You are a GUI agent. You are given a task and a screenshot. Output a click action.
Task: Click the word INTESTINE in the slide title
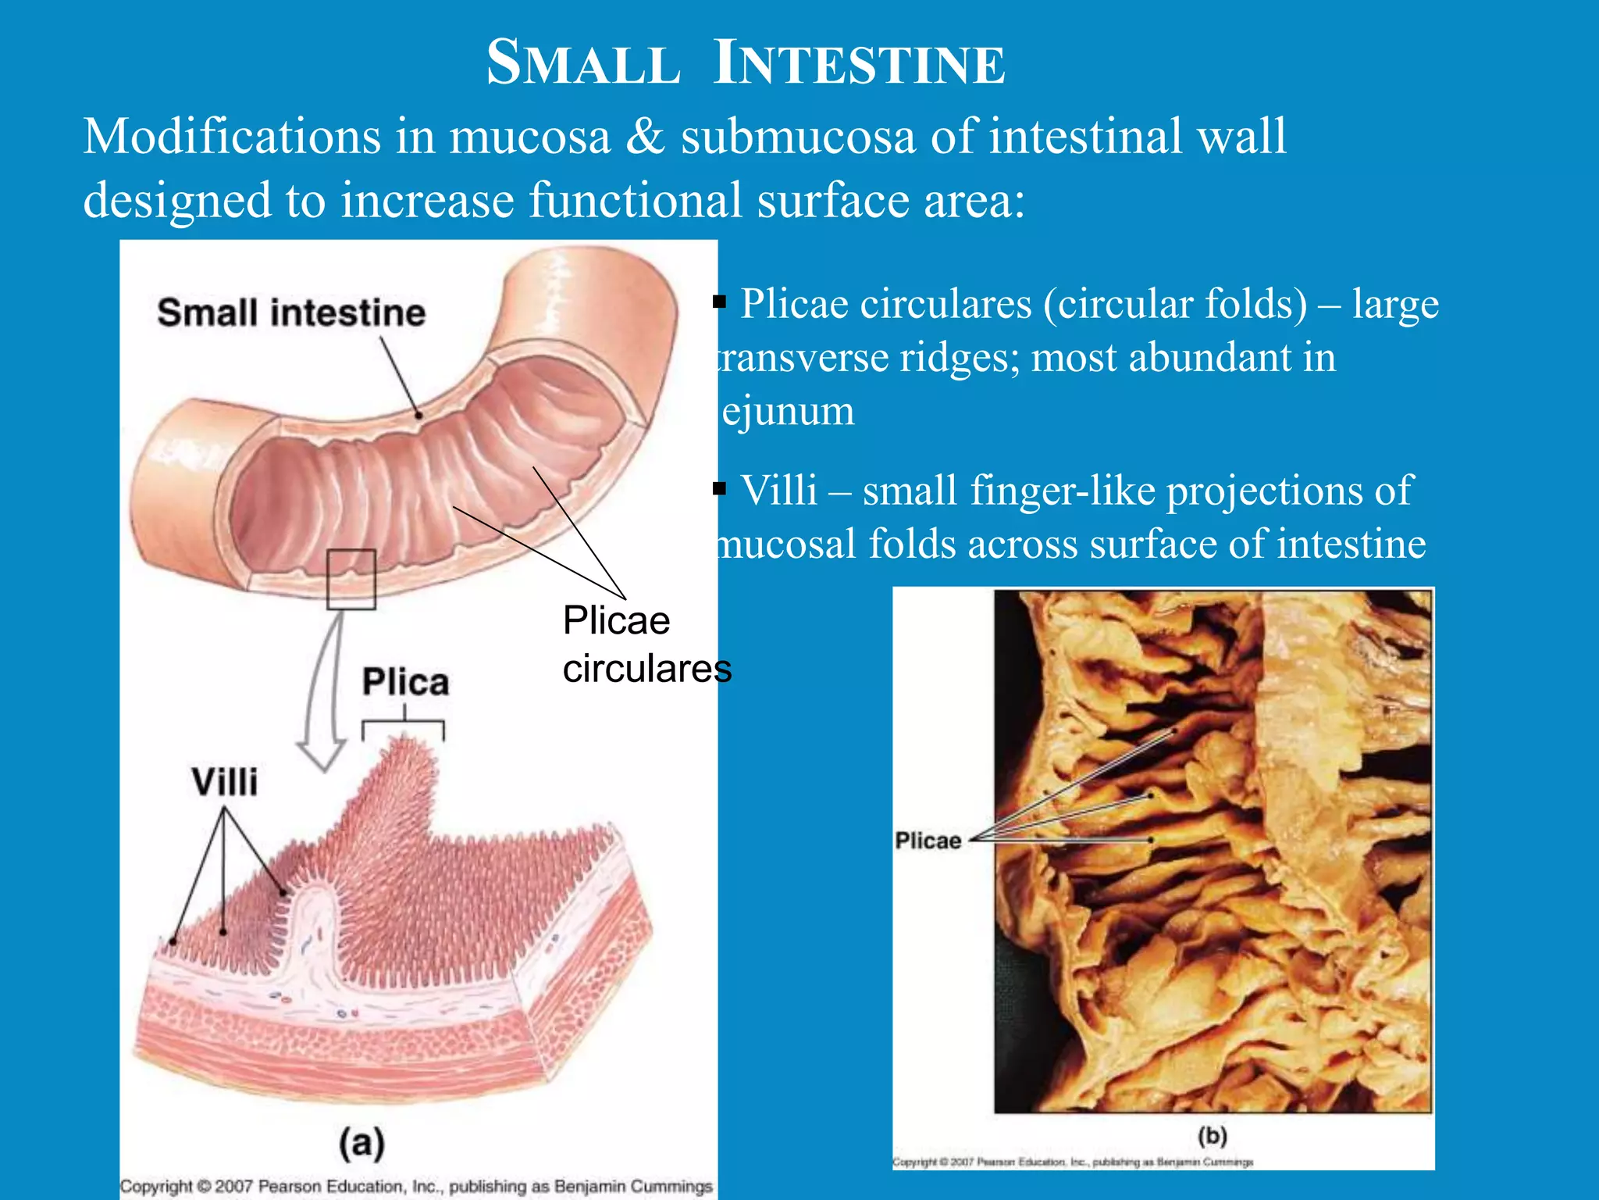(860, 63)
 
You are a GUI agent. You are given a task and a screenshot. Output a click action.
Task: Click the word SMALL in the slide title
(582, 63)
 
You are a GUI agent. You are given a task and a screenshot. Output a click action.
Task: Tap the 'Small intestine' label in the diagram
(291, 312)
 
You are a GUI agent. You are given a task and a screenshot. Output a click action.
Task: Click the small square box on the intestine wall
(351, 579)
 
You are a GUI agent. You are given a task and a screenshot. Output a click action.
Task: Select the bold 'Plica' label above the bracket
(405, 682)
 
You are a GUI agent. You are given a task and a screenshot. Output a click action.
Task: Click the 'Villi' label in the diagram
(225, 781)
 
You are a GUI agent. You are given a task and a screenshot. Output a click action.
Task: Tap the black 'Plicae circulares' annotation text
(646, 645)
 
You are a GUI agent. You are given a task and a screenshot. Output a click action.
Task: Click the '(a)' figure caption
(361, 1142)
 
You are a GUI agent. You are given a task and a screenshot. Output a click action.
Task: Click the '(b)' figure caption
(1212, 1135)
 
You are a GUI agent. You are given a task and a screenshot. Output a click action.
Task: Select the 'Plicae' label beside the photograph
(928, 841)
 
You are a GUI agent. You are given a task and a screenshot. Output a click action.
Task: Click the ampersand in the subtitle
(645, 137)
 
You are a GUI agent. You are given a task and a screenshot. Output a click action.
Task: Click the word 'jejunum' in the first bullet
(787, 411)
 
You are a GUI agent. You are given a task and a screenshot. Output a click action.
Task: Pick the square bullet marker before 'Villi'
(720, 490)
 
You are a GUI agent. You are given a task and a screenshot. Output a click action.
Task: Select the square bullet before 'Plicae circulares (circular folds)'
(720, 302)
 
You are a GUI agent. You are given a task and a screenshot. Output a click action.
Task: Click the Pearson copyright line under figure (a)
(416, 1186)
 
